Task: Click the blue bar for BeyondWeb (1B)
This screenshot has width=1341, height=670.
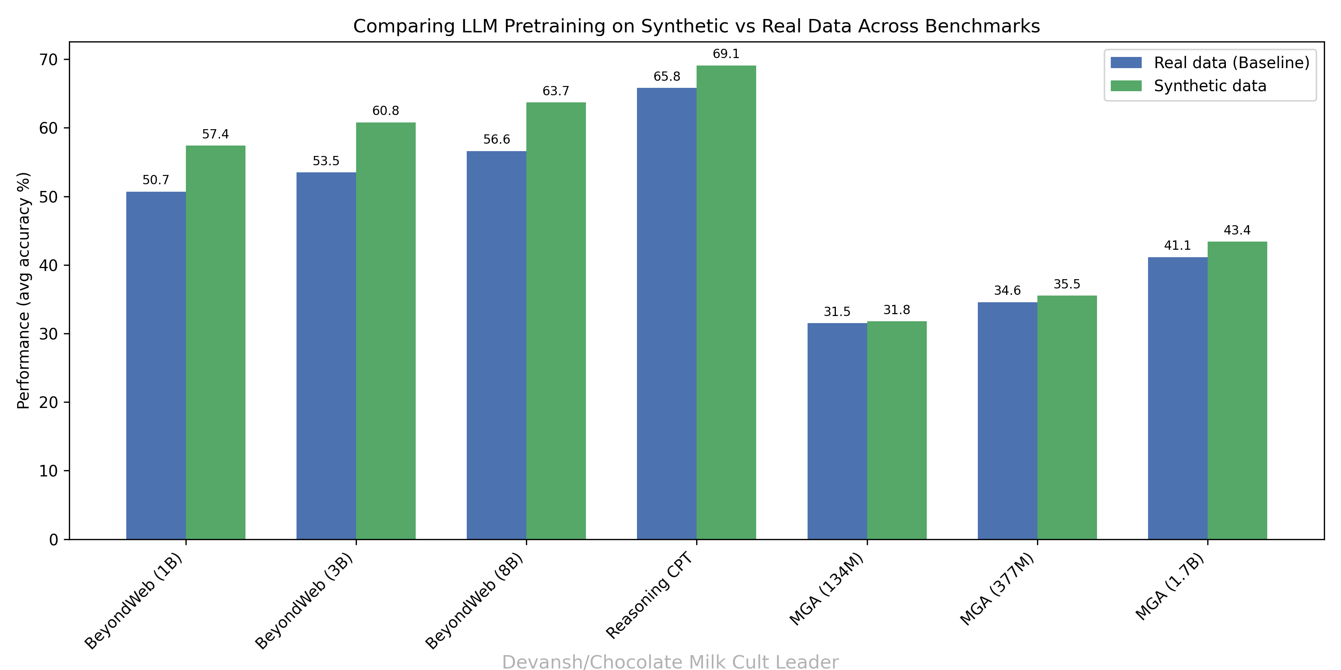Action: coord(156,365)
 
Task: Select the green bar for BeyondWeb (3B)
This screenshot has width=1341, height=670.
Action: coord(386,331)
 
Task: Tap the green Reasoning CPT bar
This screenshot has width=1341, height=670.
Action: coord(726,302)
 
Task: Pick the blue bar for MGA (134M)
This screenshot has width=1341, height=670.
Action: coord(837,431)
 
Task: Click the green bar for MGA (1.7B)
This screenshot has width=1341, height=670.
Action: coord(1237,391)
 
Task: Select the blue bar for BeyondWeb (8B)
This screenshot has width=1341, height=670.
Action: coord(497,345)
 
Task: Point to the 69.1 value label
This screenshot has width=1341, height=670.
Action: coord(726,54)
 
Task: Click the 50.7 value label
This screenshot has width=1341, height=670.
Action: coord(156,180)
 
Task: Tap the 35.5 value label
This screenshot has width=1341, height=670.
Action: coord(1067,284)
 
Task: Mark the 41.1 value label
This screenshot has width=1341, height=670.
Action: coord(1177,246)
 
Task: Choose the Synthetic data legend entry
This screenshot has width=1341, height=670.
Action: coord(1189,86)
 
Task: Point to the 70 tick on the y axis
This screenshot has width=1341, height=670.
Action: coord(48,60)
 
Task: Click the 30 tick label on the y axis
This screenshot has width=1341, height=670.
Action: coord(48,334)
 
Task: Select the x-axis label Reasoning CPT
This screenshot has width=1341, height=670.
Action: coord(650,594)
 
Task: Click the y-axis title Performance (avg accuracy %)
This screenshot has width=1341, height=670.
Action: coord(23,291)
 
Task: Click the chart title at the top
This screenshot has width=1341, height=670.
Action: coord(697,26)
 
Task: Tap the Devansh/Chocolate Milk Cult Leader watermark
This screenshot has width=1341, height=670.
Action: coord(670,662)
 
